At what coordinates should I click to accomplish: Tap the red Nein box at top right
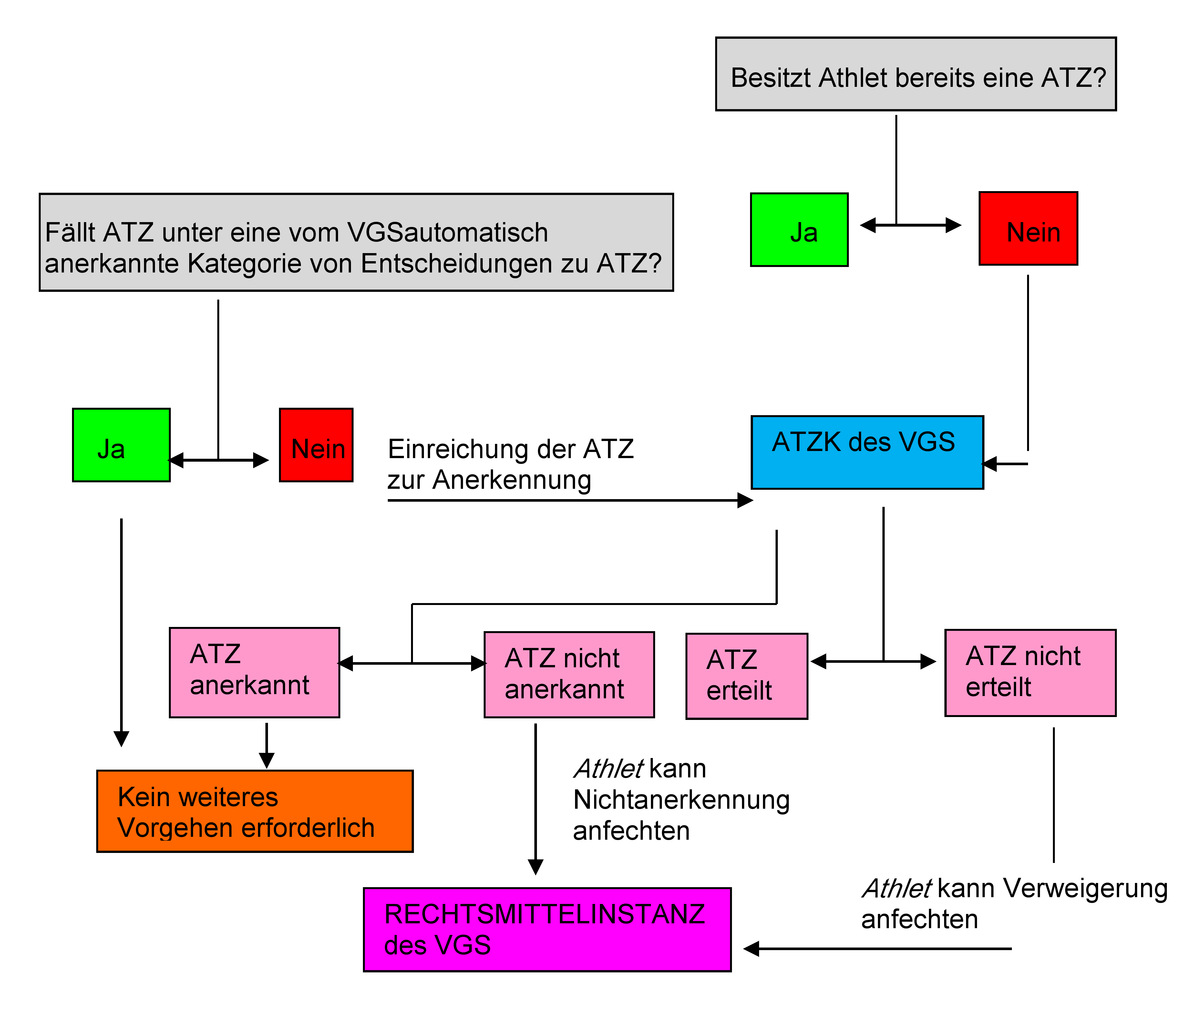coord(1028,229)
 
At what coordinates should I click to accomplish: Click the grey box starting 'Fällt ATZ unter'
coord(355,242)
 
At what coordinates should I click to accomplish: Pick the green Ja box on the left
coord(121,445)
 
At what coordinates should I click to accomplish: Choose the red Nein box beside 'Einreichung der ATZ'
coord(316,445)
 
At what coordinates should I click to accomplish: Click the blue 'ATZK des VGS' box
coord(867,452)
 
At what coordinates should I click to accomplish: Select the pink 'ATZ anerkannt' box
coord(254,672)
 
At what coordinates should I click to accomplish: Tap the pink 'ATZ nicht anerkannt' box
coord(569,674)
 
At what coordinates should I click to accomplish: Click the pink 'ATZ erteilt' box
coord(746,676)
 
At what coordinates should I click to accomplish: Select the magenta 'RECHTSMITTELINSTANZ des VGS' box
coord(547,929)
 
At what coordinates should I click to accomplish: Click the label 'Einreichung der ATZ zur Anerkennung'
coord(510,464)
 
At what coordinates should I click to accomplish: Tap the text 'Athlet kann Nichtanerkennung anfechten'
coord(681,799)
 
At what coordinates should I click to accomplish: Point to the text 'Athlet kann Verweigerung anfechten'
coord(1014,903)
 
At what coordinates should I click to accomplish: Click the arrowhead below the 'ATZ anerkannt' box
coord(266,760)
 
